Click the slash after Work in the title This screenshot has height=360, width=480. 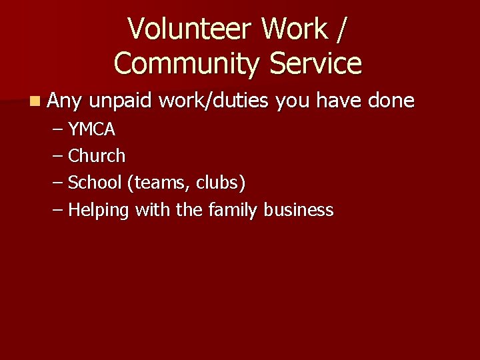[343, 29]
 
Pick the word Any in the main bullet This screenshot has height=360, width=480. [65, 102]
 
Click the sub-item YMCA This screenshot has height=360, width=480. [92, 129]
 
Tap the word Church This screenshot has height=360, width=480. [97, 156]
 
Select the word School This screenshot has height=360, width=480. [95, 183]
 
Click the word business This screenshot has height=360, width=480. [298, 210]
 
